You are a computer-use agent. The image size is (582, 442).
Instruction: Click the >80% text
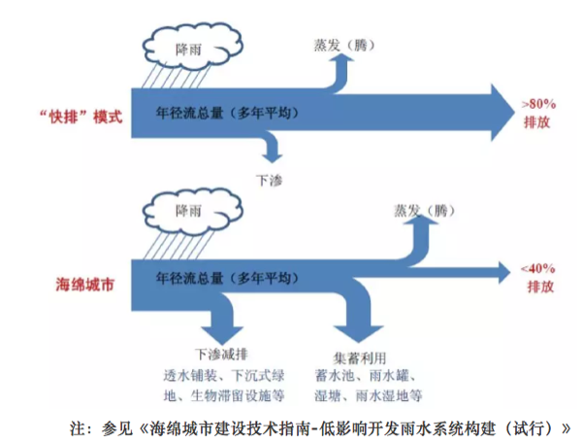pos(540,102)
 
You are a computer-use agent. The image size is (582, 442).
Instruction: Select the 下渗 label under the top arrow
pos(269,180)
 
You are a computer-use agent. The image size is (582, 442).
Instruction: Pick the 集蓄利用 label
pos(360,355)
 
